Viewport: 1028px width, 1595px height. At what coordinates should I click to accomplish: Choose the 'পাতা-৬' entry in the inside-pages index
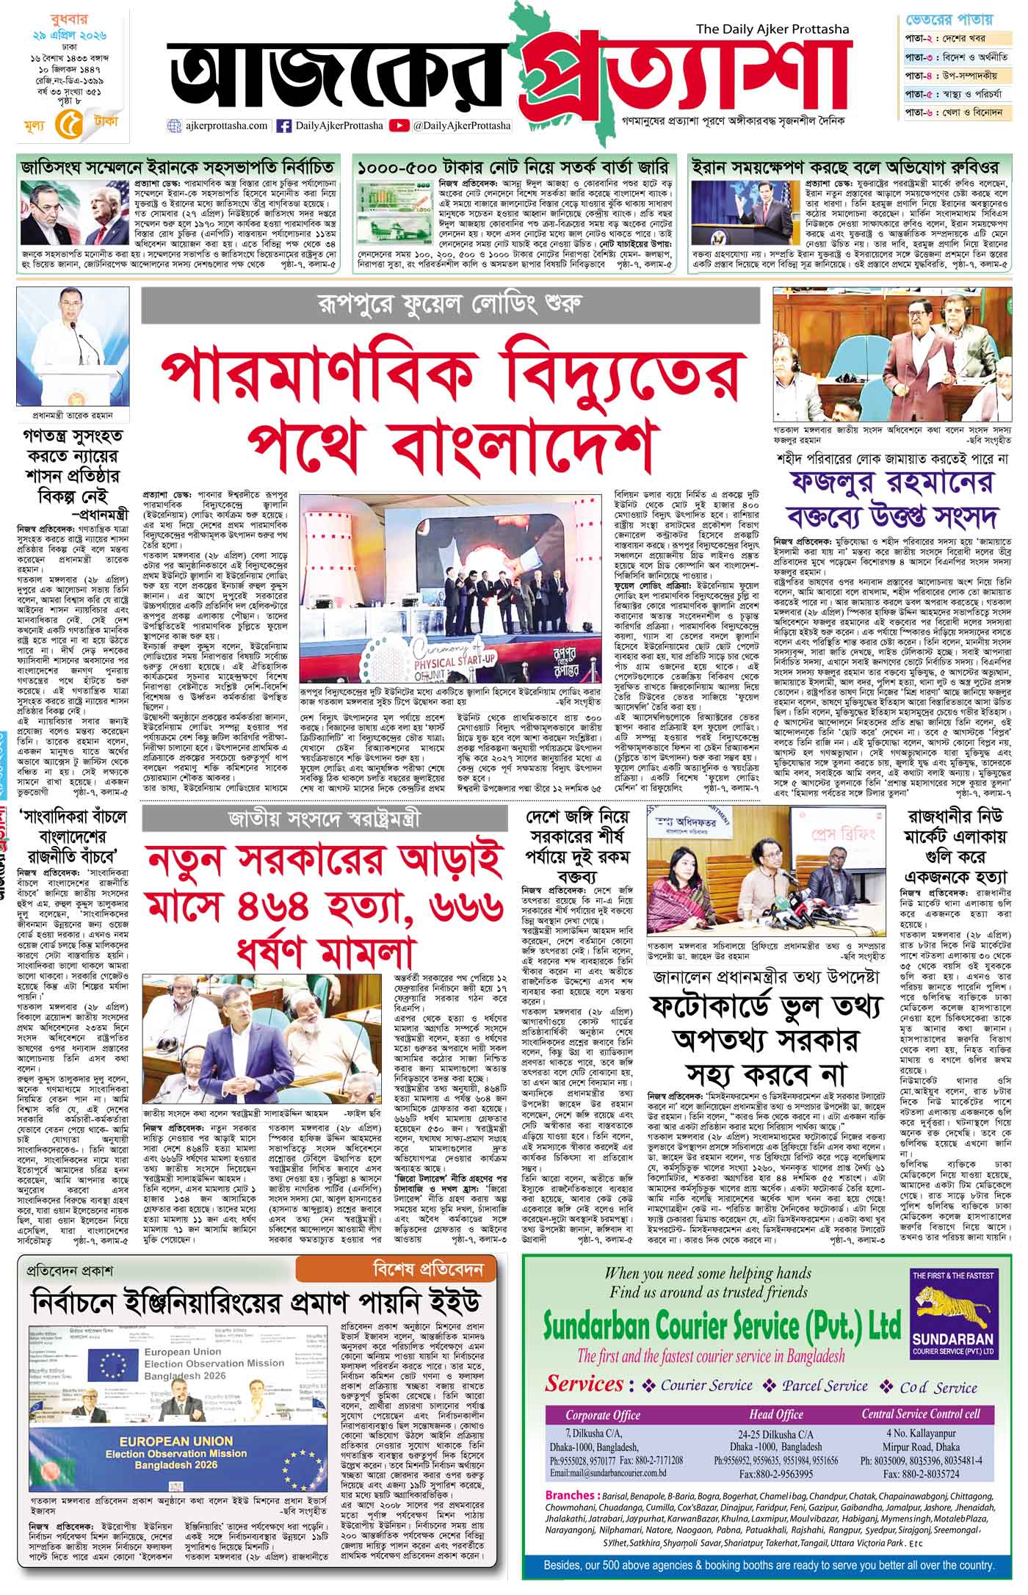point(921,112)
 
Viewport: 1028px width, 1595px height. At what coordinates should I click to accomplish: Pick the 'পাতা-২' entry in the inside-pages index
point(921,38)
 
